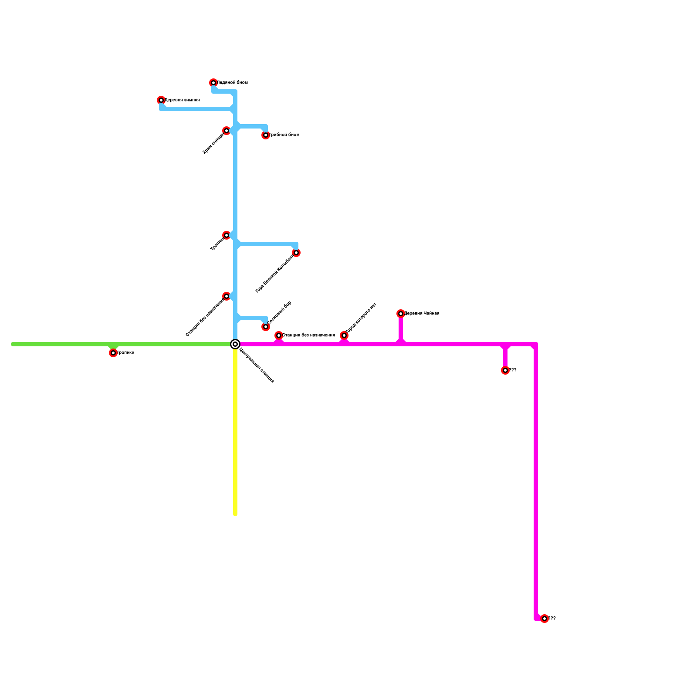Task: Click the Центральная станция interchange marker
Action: [x=235, y=344]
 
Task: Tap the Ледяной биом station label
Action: [x=232, y=83]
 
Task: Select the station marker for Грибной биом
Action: [x=266, y=135]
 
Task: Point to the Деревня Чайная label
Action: [x=422, y=314]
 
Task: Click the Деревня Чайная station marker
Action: [x=401, y=314]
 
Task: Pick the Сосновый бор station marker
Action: [x=266, y=327]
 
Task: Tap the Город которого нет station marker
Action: [x=344, y=335]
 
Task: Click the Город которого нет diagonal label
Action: [x=361, y=318]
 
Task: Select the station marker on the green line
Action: [x=113, y=353]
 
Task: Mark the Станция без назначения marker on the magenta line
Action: [x=279, y=335]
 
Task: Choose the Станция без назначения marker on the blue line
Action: [x=227, y=296]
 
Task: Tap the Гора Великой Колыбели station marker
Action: [x=296, y=253]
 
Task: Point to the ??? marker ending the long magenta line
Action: [x=545, y=619]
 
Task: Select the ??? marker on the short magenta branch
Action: [x=505, y=370]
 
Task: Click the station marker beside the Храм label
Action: [x=227, y=131]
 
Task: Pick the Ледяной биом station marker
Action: [x=213, y=83]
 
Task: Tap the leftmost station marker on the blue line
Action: [x=161, y=100]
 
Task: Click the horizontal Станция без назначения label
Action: [x=308, y=335]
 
